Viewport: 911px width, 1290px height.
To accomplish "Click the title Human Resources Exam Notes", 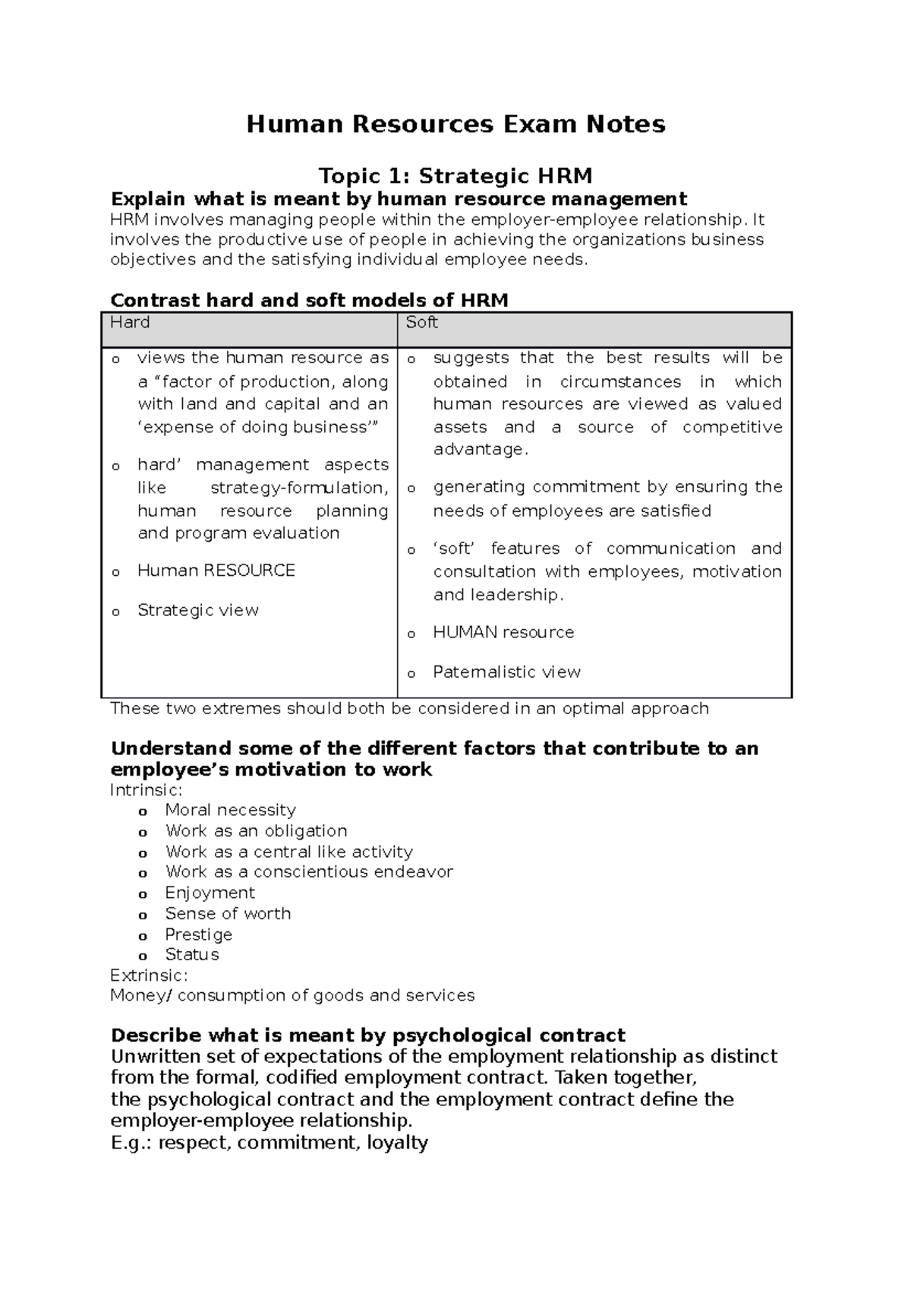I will point(455,124).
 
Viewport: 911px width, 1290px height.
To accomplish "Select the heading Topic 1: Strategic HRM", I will point(455,176).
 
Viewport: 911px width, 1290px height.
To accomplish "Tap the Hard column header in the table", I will point(130,323).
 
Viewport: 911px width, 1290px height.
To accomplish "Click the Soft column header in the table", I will point(421,323).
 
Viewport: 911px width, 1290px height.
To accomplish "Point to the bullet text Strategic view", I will point(197,611).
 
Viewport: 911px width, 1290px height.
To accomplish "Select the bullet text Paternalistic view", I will point(506,672).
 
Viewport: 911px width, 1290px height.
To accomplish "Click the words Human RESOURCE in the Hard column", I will point(216,571).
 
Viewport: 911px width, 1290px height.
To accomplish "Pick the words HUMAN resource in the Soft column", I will point(503,633).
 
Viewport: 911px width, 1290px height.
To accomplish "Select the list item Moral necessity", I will point(230,811).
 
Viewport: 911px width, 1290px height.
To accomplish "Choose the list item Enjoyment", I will point(210,893).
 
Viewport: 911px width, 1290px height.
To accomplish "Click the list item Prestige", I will point(198,934).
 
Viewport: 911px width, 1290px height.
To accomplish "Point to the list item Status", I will point(192,955).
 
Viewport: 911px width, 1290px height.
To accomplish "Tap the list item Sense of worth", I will point(228,914).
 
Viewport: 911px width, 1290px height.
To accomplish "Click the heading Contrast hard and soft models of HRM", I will point(309,300).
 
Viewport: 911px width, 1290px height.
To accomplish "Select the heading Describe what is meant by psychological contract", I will point(367,1035).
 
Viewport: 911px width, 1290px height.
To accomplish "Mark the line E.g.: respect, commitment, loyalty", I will point(269,1143).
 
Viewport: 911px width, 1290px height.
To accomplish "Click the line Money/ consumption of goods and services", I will point(292,996).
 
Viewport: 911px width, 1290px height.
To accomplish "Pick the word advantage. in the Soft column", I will point(481,450).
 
